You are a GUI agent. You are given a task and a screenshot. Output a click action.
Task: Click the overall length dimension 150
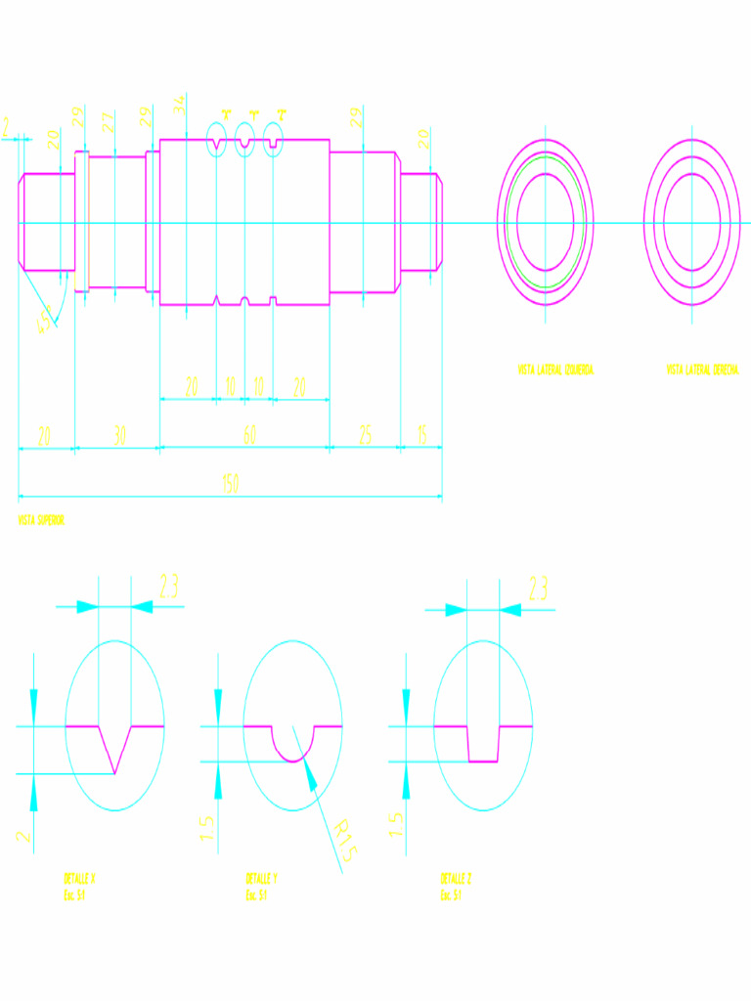click(230, 484)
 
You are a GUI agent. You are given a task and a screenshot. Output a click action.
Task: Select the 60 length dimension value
click(249, 435)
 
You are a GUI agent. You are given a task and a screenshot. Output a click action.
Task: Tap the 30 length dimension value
click(118, 435)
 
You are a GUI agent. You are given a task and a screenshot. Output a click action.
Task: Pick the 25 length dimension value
click(365, 435)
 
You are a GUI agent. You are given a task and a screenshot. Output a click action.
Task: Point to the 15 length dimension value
click(421, 435)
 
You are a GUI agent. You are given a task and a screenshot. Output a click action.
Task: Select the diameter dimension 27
click(109, 122)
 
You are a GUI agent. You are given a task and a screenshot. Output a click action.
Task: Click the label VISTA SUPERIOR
click(41, 521)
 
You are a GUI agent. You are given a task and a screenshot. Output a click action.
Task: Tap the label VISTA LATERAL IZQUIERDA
click(555, 370)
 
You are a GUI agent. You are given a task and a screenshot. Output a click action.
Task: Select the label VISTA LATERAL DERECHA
click(702, 370)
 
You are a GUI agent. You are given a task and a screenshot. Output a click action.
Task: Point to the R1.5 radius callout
click(344, 840)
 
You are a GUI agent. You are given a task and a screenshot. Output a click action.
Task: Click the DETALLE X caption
click(79, 878)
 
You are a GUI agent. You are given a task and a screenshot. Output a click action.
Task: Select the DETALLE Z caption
click(457, 878)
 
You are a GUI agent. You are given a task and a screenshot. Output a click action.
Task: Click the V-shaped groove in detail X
click(115, 751)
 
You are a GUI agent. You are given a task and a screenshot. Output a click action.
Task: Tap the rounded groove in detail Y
click(292, 748)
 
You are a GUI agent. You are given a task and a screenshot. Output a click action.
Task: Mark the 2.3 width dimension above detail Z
click(538, 588)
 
